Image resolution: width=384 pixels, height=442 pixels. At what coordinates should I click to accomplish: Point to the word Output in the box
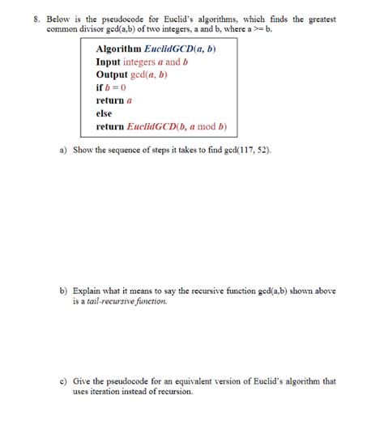coord(113,74)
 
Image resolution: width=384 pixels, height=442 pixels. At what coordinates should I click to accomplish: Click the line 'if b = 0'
coord(111,87)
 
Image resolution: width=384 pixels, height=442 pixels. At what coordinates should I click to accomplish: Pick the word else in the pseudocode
coord(104,113)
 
